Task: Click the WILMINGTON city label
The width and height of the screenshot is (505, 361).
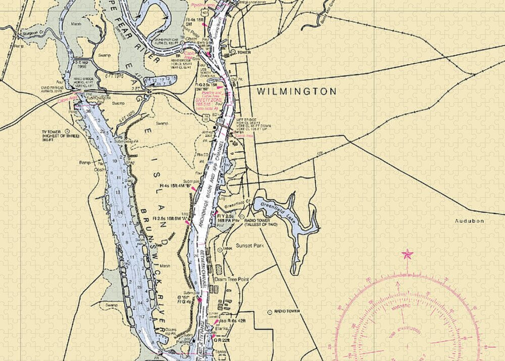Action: pos(296,92)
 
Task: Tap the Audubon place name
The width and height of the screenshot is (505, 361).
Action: pos(469,221)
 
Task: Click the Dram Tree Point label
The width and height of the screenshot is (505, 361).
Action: pos(232,279)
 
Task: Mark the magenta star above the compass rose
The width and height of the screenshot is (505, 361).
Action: pos(407,254)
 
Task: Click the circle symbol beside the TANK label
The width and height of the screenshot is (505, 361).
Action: pos(219,249)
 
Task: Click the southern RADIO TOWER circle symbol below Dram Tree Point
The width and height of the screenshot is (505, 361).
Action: pos(270,312)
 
